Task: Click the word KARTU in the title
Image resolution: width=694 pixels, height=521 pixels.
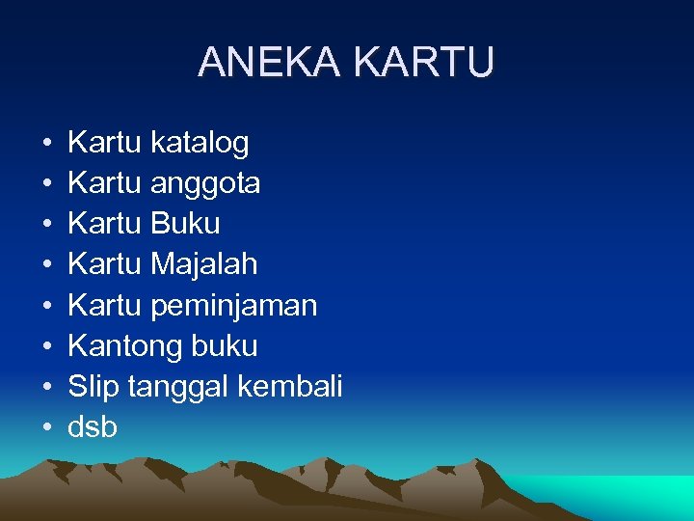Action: (x=424, y=63)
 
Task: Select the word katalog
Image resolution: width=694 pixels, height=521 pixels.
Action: (x=200, y=144)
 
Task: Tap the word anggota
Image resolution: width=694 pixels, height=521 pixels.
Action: (x=205, y=184)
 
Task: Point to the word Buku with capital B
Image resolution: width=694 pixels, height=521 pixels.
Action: (x=185, y=224)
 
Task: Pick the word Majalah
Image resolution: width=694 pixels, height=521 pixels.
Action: (x=204, y=264)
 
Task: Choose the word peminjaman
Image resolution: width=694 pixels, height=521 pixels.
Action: (x=234, y=306)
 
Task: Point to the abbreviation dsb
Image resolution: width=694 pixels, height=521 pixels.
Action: (x=93, y=427)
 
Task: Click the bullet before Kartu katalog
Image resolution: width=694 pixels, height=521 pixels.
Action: (x=47, y=144)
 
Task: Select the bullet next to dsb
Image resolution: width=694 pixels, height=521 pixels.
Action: (x=47, y=427)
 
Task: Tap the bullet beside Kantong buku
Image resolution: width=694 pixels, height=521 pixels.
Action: (x=47, y=346)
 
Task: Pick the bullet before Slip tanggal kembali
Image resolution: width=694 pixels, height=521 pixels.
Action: (x=47, y=387)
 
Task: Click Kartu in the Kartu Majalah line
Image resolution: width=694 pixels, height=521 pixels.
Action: (x=105, y=264)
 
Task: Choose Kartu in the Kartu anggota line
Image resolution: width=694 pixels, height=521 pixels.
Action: (x=105, y=183)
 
